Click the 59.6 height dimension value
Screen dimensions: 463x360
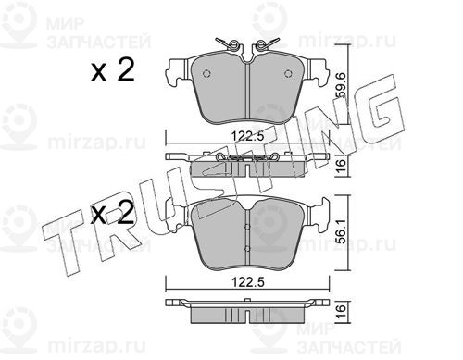[342, 86]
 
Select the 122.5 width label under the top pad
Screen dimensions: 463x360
[248, 136]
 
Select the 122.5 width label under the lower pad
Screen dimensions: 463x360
[248, 282]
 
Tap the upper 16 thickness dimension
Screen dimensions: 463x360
[342, 167]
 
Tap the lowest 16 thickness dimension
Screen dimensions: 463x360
[342, 312]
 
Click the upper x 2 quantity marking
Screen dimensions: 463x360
[113, 70]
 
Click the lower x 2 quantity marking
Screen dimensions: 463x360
[113, 213]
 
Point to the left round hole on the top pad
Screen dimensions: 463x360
[206, 73]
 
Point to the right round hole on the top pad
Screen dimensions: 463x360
[288, 73]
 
